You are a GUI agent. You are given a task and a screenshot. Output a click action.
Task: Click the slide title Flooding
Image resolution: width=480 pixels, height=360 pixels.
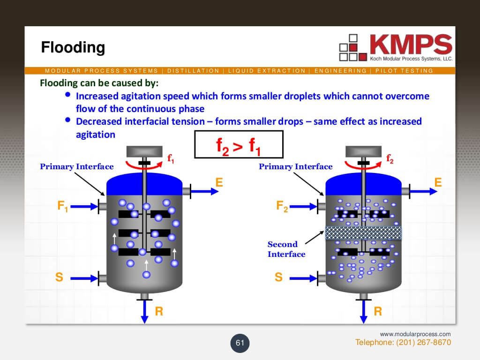click(73, 47)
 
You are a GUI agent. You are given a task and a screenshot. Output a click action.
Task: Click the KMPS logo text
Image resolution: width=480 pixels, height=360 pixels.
click(411, 45)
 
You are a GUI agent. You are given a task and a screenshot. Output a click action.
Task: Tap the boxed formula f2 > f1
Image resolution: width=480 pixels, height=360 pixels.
click(239, 144)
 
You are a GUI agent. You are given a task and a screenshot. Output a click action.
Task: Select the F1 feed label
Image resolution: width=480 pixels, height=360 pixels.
click(63, 206)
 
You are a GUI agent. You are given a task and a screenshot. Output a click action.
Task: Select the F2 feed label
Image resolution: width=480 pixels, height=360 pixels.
click(282, 206)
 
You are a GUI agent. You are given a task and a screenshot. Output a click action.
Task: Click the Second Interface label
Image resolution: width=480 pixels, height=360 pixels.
click(286, 249)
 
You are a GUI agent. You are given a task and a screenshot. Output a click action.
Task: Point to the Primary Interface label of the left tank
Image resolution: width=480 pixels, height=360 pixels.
click(76, 166)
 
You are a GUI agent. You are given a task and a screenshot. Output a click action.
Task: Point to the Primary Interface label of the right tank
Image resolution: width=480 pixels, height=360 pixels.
click(295, 166)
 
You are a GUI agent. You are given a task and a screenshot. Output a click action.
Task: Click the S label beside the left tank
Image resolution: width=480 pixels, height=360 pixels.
click(59, 277)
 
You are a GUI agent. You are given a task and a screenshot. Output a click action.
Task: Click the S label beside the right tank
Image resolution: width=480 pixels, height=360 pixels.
click(278, 277)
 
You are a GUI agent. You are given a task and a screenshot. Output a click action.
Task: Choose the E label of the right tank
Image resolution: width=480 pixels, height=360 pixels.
click(438, 182)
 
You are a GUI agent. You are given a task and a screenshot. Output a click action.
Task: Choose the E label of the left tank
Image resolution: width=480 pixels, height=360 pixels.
click(219, 182)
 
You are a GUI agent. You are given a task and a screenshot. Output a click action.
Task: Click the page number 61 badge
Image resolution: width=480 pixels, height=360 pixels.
click(240, 343)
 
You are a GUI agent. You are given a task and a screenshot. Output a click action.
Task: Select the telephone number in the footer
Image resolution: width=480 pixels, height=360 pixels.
click(403, 343)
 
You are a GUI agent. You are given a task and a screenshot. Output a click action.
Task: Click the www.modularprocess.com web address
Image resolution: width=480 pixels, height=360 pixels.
click(415, 334)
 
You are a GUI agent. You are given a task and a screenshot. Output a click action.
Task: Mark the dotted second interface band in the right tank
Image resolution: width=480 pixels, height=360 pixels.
click(363, 232)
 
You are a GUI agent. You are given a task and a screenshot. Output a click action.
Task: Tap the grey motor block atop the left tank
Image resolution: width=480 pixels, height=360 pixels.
click(144, 151)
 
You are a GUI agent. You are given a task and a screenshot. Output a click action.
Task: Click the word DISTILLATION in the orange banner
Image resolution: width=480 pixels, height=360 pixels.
click(193, 71)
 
